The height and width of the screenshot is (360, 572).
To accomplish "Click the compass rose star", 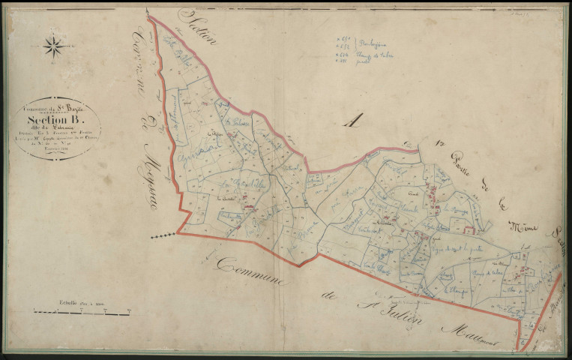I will tap(53, 46).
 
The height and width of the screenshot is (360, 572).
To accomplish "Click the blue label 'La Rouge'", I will tap(457, 211).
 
